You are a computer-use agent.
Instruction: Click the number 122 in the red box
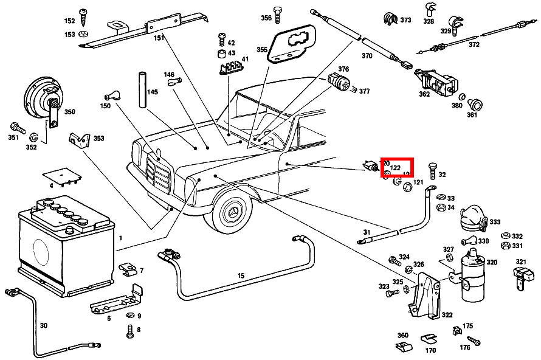coord(396,167)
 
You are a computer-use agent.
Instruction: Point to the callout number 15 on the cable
coord(241,275)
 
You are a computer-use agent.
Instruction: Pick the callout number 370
coord(367,56)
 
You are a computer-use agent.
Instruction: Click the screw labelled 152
coord(83,15)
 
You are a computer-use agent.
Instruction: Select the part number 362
coord(424,94)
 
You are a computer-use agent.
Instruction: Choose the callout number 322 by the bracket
coord(447,314)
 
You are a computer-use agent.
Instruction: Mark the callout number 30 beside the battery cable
coord(43,325)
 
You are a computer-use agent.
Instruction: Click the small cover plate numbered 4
coord(63,176)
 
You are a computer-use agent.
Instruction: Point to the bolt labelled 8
coord(129,331)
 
